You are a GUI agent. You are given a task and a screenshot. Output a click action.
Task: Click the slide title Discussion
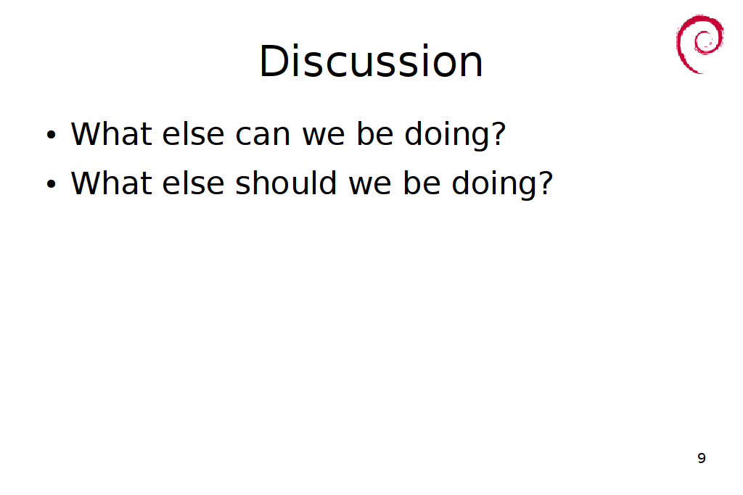[x=371, y=61]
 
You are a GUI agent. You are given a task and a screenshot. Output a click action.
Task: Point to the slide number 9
[x=702, y=458]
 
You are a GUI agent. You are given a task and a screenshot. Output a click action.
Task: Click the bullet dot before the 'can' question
[x=52, y=135]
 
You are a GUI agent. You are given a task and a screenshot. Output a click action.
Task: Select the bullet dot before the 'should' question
[x=52, y=184]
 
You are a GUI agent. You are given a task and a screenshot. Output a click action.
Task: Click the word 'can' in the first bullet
[x=263, y=135]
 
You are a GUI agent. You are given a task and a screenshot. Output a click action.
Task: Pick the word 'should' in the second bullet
[x=286, y=183]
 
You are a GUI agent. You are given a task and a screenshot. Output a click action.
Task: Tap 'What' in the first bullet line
[x=111, y=133]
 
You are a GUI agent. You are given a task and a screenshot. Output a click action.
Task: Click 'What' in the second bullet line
[x=111, y=183]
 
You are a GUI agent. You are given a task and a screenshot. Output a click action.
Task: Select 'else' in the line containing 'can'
[x=193, y=133]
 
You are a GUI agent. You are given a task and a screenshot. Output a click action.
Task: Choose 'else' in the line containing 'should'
[x=193, y=183]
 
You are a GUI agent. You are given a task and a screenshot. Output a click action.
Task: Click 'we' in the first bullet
[x=323, y=135]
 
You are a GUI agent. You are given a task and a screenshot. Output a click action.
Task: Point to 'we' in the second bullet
[x=370, y=184]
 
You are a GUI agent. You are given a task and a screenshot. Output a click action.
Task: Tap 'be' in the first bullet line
[x=375, y=133]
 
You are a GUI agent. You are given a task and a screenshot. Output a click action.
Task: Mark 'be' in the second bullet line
[x=422, y=183]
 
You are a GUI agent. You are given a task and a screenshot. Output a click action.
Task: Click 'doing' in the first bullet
[x=446, y=136]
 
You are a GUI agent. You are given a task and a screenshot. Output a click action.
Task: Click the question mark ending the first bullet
[x=498, y=133]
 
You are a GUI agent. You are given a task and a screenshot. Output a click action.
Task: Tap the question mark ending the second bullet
[x=544, y=183]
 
